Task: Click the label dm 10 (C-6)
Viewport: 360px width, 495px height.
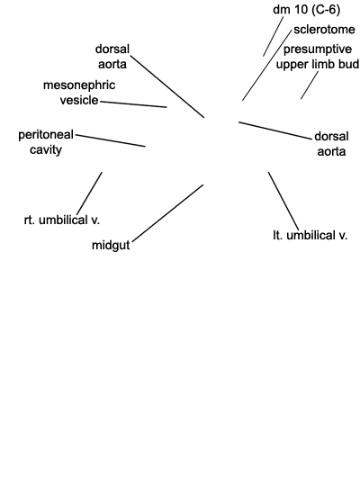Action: [x=306, y=10]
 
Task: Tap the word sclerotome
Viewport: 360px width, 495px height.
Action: [x=324, y=30]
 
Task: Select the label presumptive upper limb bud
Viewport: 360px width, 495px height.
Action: [x=318, y=57]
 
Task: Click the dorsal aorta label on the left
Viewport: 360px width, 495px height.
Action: [x=112, y=57]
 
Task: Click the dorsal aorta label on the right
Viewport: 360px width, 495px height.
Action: [x=331, y=144]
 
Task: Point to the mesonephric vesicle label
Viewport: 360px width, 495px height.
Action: [x=79, y=93]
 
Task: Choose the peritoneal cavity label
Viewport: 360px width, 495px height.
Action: [x=46, y=142]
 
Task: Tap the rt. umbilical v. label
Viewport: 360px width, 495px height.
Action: [x=62, y=220]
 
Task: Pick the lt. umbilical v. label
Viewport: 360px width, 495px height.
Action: [x=310, y=236]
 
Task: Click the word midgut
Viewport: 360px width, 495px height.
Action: [x=111, y=246]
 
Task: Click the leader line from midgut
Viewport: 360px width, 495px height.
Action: [x=167, y=213]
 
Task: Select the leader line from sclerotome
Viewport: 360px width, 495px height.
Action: [x=266, y=66]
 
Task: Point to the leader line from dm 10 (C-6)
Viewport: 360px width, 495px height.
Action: [x=274, y=36]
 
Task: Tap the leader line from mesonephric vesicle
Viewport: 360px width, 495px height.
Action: [x=133, y=104]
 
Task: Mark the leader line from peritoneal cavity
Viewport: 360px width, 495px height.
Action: [x=111, y=140]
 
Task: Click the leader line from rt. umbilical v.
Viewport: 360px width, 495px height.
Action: [x=89, y=193]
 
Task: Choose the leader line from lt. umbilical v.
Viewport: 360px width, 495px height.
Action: [x=283, y=201]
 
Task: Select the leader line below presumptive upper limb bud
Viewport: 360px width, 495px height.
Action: [x=310, y=85]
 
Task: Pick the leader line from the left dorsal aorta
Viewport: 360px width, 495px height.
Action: [x=167, y=86]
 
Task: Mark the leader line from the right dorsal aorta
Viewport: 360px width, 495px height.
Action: [x=275, y=130]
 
